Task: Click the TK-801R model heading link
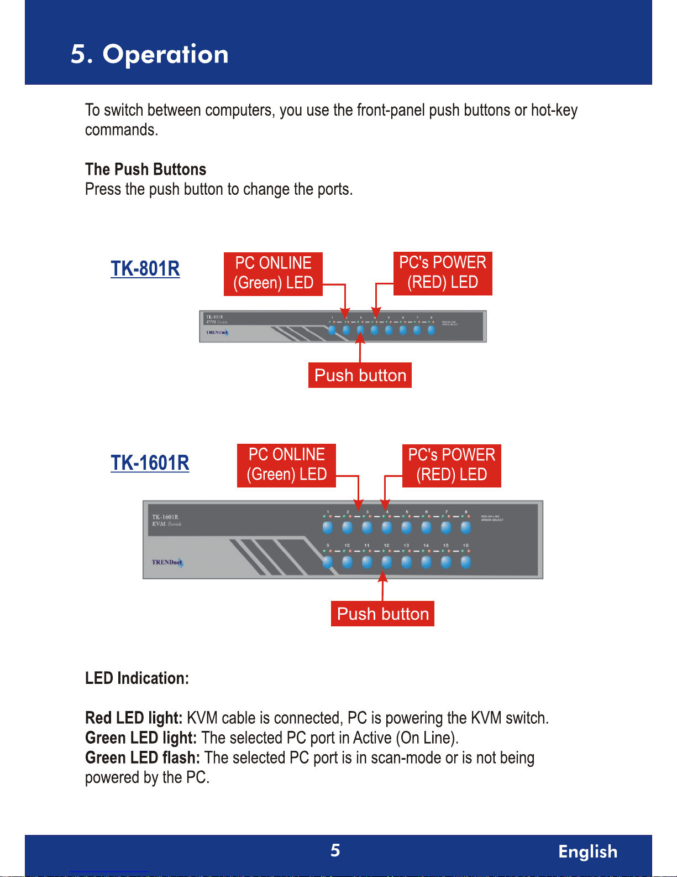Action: (x=145, y=268)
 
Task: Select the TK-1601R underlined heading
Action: (x=150, y=463)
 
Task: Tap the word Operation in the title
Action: (x=165, y=54)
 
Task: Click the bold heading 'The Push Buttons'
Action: (x=145, y=169)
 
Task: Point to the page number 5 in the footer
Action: (x=335, y=850)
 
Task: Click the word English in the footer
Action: (x=587, y=852)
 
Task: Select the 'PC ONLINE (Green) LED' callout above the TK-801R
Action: (x=273, y=273)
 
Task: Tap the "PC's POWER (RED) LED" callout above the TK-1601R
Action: (x=451, y=465)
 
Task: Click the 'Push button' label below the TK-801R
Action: (x=360, y=375)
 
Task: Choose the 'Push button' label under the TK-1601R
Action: (x=382, y=614)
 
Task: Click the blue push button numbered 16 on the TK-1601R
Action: (x=466, y=562)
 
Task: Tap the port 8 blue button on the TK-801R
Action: (x=431, y=330)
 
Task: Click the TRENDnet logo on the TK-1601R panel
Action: (x=167, y=562)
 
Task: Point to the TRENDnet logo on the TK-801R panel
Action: (x=217, y=333)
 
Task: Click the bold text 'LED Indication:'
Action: (x=137, y=678)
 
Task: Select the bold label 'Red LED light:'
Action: (x=134, y=718)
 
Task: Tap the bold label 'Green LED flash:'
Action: (x=142, y=758)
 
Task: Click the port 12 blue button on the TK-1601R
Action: (x=387, y=562)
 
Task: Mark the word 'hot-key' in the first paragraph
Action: (x=554, y=110)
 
